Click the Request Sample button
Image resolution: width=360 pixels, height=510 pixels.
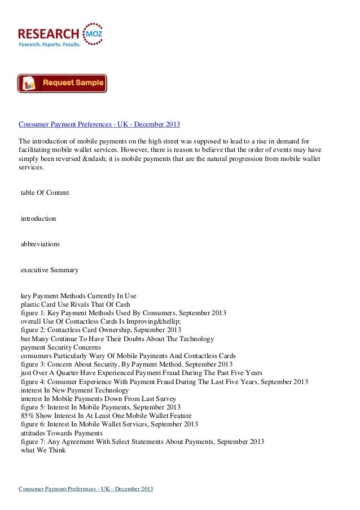pyautogui.click(x=62, y=84)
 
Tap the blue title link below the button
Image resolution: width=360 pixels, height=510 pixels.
pyautogui.click(x=99, y=123)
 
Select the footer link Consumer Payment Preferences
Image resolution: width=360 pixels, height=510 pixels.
pyautogui.click(x=86, y=489)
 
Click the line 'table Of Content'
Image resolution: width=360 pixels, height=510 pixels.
pyautogui.click(x=45, y=193)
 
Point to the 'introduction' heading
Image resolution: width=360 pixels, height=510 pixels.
pyautogui.click(x=38, y=218)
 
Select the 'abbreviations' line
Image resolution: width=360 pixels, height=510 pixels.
pyautogui.click(x=40, y=245)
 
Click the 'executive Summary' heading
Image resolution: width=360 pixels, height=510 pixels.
pyautogui.click(x=49, y=271)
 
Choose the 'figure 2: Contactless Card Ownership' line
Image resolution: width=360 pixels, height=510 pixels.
pyautogui.click(x=100, y=330)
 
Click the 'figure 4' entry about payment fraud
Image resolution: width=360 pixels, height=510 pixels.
pyautogui.click(x=164, y=382)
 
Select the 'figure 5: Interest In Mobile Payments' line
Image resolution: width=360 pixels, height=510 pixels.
pyautogui.click(x=100, y=407)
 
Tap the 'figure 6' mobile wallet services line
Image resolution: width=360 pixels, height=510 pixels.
pyautogui.click(x=109, y=424)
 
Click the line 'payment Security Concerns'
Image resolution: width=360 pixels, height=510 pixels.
pyautogui.click(x=60, y=347)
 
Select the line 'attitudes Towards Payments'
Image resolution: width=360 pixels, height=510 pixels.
pyautogui.click(x=59, y=433)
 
